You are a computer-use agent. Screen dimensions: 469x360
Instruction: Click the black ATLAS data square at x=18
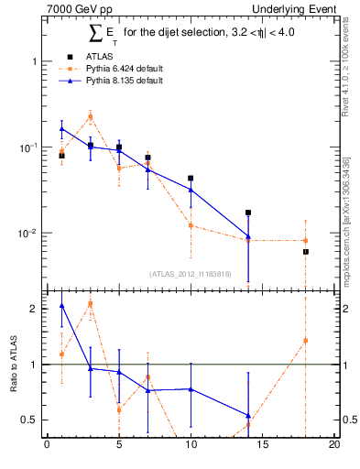[x=306, y=252]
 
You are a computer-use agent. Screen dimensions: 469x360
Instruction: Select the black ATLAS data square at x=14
[x=248, y=213]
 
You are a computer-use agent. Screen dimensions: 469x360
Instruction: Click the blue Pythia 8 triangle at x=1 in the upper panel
[x=61, y=129]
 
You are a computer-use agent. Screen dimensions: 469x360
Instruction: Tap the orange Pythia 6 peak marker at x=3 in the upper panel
[x=90, y=116]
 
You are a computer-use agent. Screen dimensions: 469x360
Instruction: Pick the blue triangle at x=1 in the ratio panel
[x=61, y=306]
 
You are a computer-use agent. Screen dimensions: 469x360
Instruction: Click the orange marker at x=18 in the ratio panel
[x=306, y=341]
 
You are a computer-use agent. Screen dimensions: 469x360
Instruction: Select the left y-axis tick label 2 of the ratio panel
[x=33, y=309]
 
